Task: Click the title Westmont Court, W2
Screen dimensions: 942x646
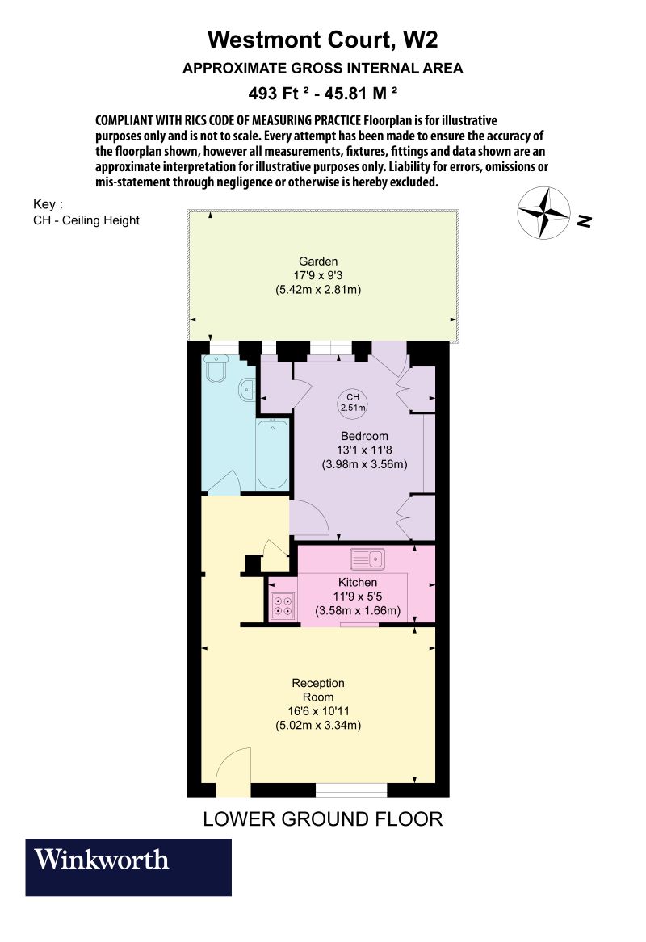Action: pyautogui.click(x=323, y=40)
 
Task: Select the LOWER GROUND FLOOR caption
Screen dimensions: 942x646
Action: pyautogui.click(x=323, y=819)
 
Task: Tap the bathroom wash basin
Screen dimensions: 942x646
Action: pyautogui.click(x=249, y=390)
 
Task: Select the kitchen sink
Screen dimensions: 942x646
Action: pyautogui.click(x=367, y=559)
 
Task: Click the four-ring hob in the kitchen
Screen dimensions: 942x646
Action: pyautogui.click(x=283, y=605)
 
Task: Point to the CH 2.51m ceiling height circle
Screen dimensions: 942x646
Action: pyautogui.click(x=351, y=403)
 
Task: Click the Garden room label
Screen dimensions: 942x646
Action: pyautogui.click(x=317, y=262)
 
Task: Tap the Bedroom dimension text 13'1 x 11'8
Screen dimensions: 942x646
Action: pyautogui.click(x=363, y=450)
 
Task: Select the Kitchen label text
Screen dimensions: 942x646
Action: pyautogui.click(x=357, y=582)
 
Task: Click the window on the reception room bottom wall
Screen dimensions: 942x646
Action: pyautogui.click(x=350, y=789)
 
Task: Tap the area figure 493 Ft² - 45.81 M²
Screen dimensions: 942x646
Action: pyautogui.click(x=323, y=93)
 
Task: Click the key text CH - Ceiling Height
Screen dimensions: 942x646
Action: pyautogui.click(x=86, y=220)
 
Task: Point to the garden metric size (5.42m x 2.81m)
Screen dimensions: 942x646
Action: pyautogui.click(x=317, y=288)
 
